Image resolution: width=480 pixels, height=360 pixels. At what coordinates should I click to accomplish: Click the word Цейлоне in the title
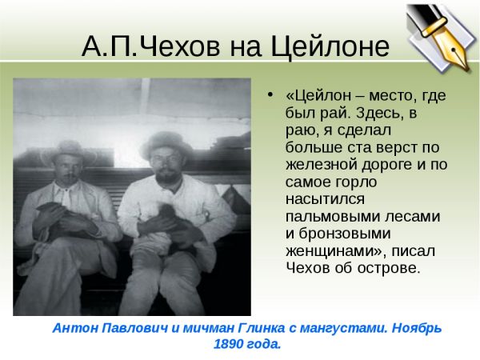330,47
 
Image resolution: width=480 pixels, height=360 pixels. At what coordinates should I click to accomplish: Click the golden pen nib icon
442,38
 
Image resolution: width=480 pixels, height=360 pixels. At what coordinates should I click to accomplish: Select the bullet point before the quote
270,94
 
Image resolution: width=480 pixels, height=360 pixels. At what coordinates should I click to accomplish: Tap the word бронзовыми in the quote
345,234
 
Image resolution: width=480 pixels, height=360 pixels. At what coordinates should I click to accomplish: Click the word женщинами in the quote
336,251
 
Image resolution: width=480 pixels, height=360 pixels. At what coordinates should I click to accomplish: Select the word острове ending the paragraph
388,268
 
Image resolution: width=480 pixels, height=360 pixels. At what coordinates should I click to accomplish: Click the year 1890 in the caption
228,344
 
